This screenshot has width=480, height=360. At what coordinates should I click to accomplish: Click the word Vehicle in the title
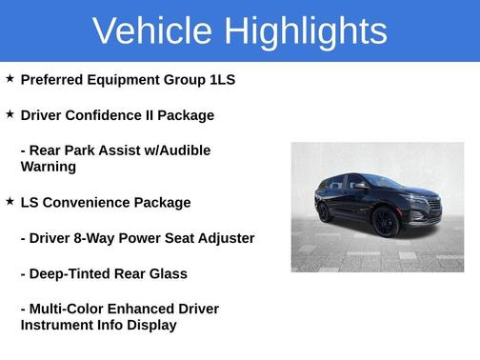[x=152, y=31]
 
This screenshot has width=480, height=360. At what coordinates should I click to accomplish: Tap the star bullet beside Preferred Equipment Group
[x=10, y=79]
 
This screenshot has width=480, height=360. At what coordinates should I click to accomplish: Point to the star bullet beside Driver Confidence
[x=10, y=114]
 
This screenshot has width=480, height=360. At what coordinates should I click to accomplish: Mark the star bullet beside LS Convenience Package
[x=10, y=202]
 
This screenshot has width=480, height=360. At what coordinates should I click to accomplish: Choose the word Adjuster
[x=225, y=238]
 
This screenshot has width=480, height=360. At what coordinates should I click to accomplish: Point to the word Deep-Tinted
[x=71, y=274]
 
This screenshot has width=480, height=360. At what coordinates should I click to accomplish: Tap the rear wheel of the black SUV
[x=326, y=212]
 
